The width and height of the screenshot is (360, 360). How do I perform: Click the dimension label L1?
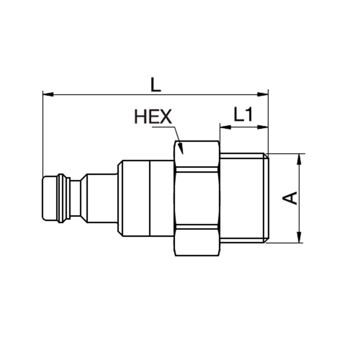coord(243,115)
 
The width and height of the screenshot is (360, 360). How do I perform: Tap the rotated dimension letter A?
coord(292,198)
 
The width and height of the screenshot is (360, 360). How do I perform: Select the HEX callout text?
coord(153,117)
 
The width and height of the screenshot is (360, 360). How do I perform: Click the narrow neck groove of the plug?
coord(75,198)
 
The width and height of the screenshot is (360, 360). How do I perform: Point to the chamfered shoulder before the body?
coord(84,198)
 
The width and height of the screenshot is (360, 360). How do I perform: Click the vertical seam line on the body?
coord(150,198)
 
